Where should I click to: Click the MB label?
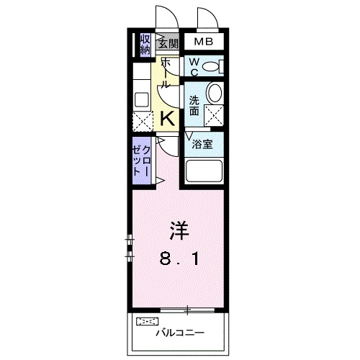coord(202,42)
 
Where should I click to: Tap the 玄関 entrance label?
coord(168,42)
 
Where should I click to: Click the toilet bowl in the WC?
coord(212,67)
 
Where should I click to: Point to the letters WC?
coord(193,66)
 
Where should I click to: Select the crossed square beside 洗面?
coord(214,114)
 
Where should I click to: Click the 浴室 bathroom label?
coord(202,144)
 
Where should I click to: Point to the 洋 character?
coord(179,230)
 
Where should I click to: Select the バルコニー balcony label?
coord(179,332)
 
